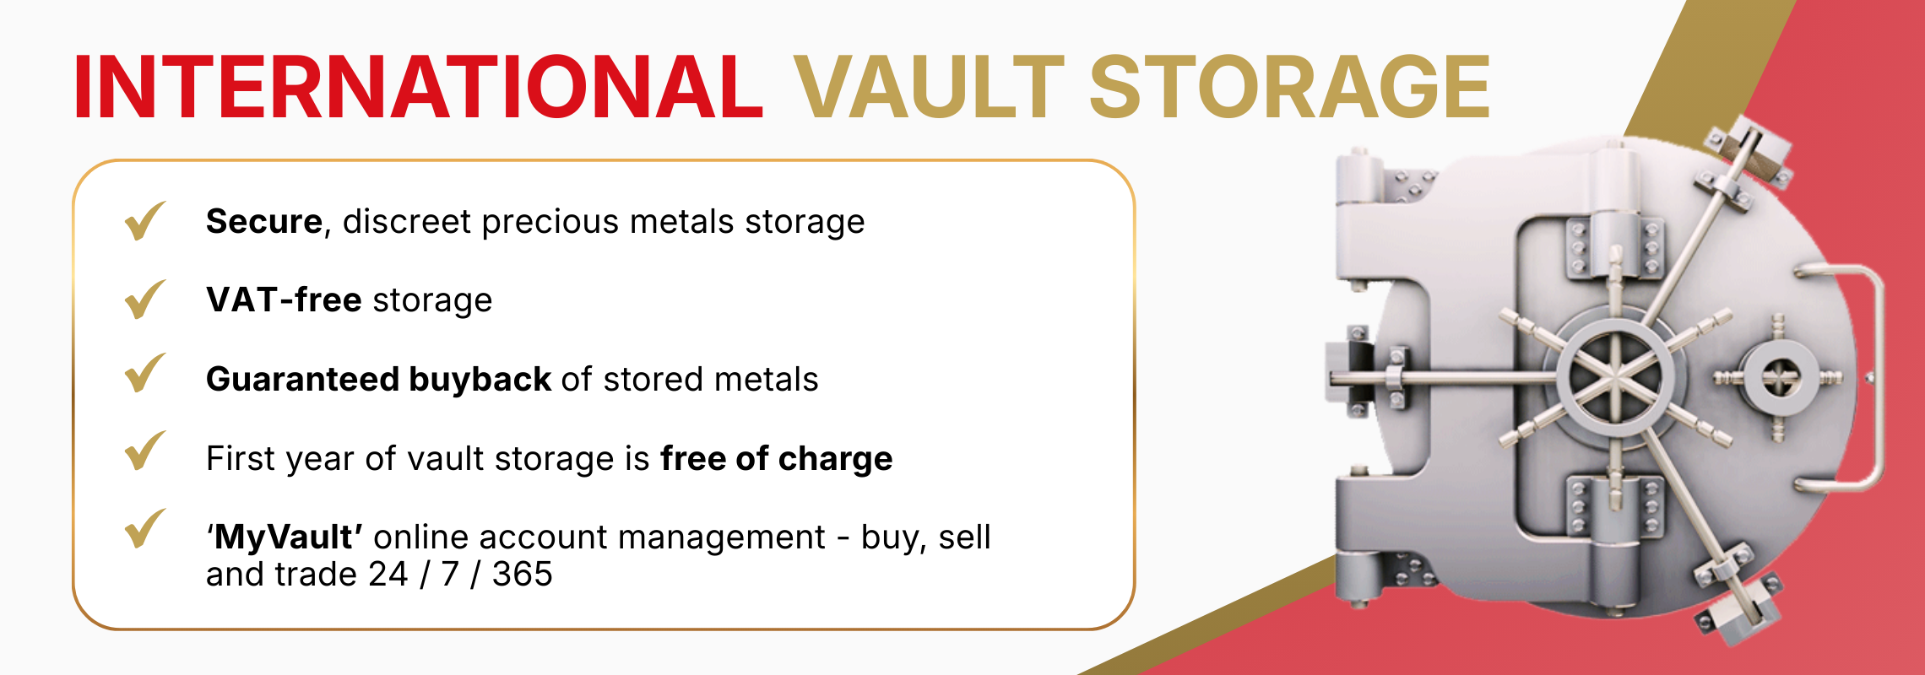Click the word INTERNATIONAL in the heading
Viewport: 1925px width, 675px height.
418,87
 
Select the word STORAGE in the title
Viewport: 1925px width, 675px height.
1289,87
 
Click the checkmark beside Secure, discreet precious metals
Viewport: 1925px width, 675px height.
144,221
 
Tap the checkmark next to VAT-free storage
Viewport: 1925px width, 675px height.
144,300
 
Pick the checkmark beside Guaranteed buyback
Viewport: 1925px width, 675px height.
144,374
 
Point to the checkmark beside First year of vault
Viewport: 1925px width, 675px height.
144,451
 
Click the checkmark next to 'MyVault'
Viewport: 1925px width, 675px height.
144,529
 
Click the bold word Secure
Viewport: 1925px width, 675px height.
263,222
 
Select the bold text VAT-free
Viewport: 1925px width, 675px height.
284,300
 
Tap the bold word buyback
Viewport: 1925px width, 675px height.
480,380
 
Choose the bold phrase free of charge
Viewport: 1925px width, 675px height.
776,458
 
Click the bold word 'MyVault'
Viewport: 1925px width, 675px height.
285,537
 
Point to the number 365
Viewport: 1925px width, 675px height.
522,575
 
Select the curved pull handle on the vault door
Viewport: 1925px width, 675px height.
1870,375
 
